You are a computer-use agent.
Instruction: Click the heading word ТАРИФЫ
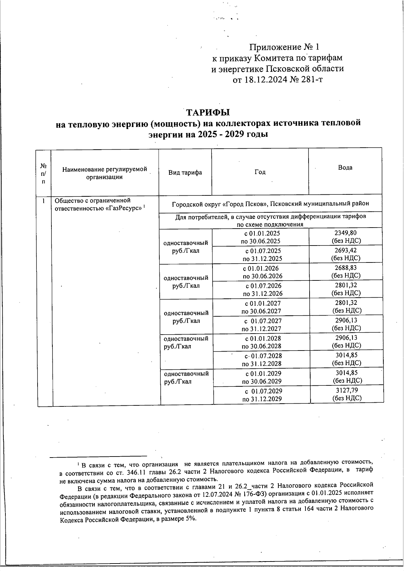tap(208, 112)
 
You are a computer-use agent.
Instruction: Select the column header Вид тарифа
tap(185, 172)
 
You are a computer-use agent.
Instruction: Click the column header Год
tap(260, 172)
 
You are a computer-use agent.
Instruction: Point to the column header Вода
tap(345, 167)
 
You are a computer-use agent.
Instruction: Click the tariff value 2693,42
tap(346, 251)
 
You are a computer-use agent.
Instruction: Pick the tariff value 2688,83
tap(346, 268)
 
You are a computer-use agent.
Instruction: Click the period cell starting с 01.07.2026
tap(263, 290)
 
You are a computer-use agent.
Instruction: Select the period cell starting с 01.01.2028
tap(262, 342)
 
